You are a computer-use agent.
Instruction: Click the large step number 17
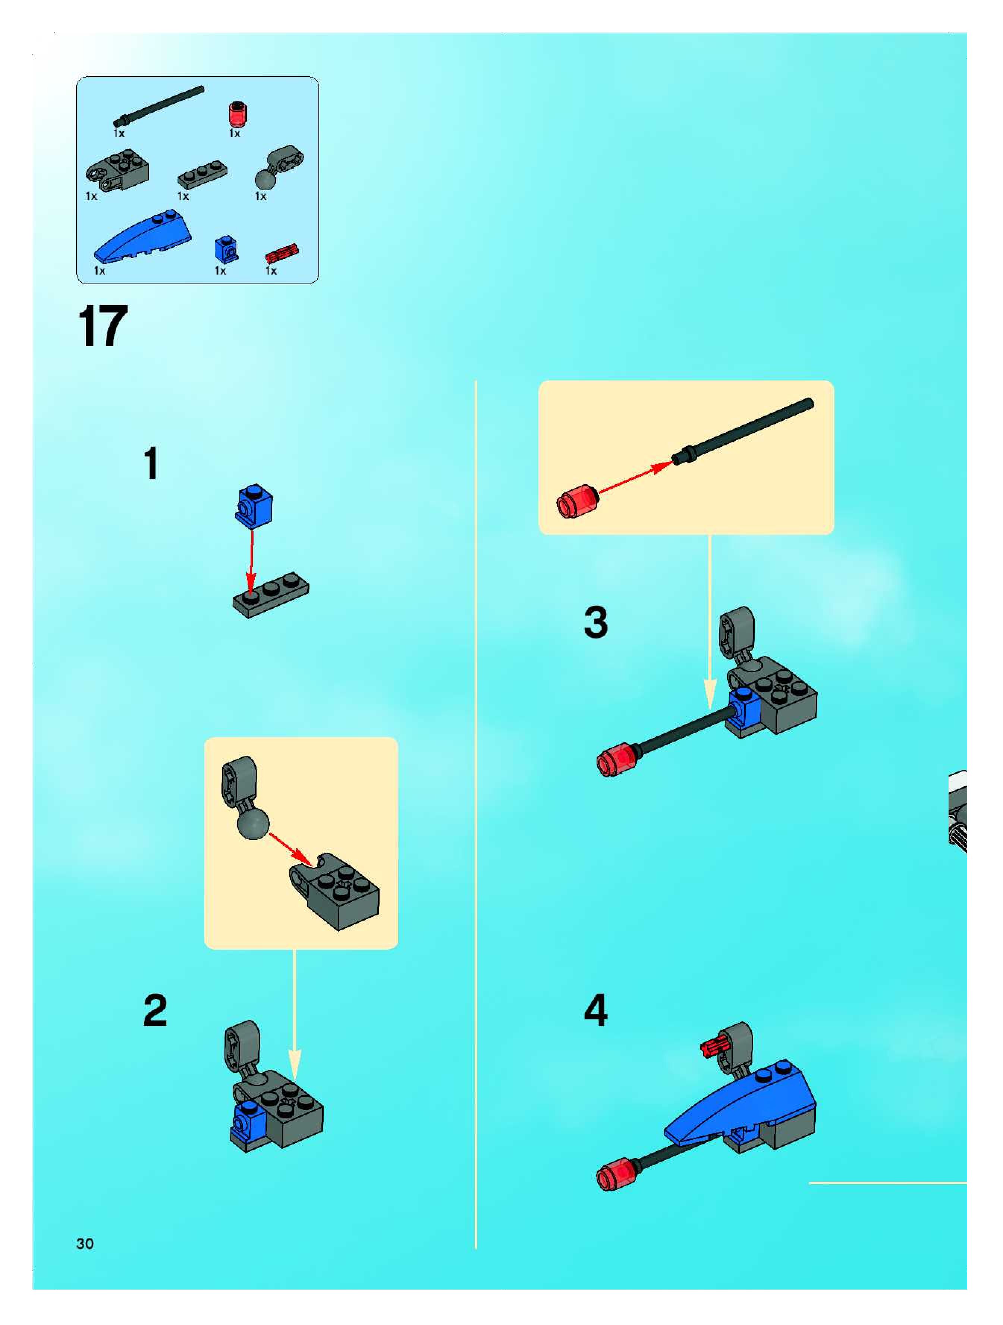[103, 326]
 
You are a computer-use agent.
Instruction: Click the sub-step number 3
[596, 622]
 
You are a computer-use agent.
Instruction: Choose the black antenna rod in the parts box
[159, 106]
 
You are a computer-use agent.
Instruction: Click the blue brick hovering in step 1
[254, 505]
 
